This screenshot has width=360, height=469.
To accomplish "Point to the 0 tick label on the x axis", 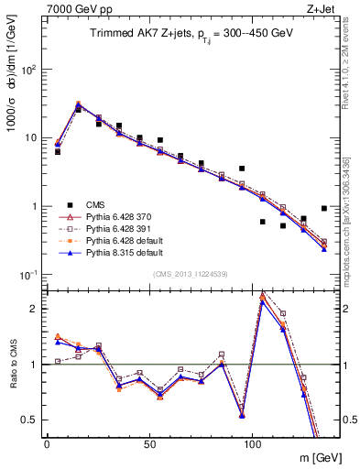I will point(47,443).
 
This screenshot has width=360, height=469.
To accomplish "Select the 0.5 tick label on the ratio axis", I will point(31,420).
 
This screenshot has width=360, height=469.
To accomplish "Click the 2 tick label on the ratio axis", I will point(36,309).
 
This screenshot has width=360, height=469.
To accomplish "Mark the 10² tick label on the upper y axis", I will point(30,70).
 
